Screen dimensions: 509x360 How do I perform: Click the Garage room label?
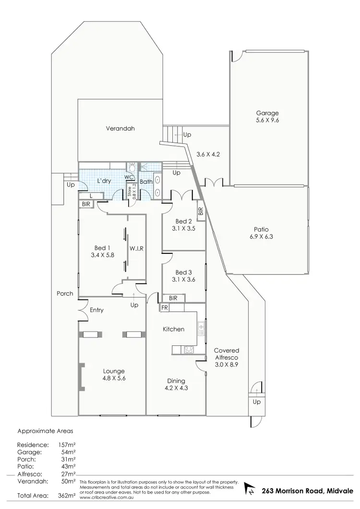(x=267, y=113)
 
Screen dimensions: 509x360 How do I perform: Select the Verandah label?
(x=120, y=129)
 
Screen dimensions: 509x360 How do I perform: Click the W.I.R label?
(x=136, y=249)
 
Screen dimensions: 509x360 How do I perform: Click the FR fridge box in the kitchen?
(x=165, y=308)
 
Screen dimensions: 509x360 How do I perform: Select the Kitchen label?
(x=173, y=329)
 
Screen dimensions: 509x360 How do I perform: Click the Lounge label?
(x=114, y=371)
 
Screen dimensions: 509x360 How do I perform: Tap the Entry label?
(x=96, y=310)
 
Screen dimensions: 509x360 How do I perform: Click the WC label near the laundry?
(x=129, y=177)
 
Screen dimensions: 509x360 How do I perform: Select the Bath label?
(x=146, y=182)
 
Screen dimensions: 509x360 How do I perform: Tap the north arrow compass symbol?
(x=250, y=489)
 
